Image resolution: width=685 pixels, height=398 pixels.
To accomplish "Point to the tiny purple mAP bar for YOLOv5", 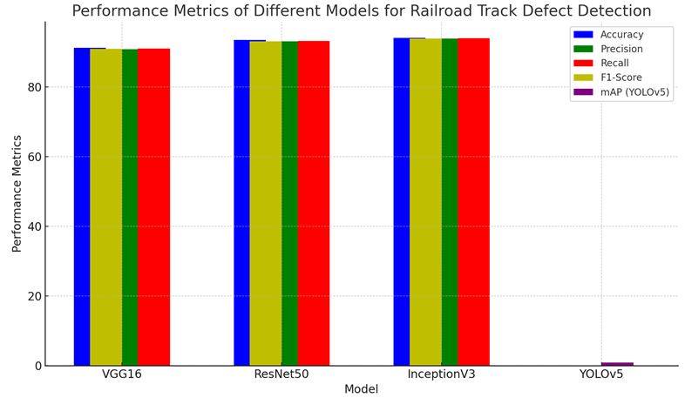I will tap(617, 363).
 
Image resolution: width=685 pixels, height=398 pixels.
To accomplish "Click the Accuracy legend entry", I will tap(621, 34).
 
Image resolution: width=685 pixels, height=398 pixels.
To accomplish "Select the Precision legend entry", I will tap(621, 49).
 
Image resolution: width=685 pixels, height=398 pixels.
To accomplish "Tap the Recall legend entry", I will tap(614, 63).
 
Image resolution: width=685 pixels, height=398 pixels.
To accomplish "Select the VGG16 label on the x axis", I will tap(121, 374).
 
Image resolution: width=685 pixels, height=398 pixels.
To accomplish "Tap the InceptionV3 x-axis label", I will tap(441, 374).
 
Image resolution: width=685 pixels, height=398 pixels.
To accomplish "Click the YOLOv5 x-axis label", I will tap(601, 374).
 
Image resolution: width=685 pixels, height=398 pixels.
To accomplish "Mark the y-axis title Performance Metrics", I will tap(17, 193).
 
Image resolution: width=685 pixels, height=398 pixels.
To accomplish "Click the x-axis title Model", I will tap(361, 389).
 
